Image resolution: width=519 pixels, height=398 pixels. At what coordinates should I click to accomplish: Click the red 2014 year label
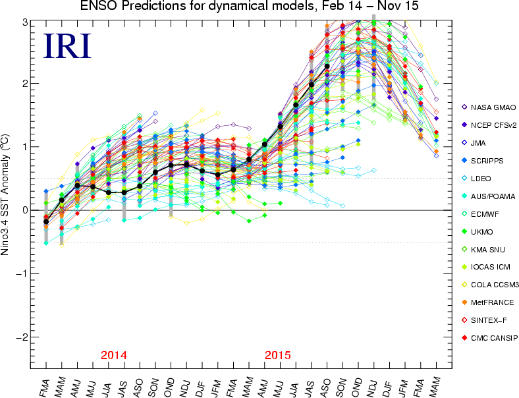tap(114, 355)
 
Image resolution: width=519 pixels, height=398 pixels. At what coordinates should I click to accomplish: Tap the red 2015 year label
tap(278, 355)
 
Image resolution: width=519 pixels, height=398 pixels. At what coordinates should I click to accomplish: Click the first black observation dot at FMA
tap(46, 222)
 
